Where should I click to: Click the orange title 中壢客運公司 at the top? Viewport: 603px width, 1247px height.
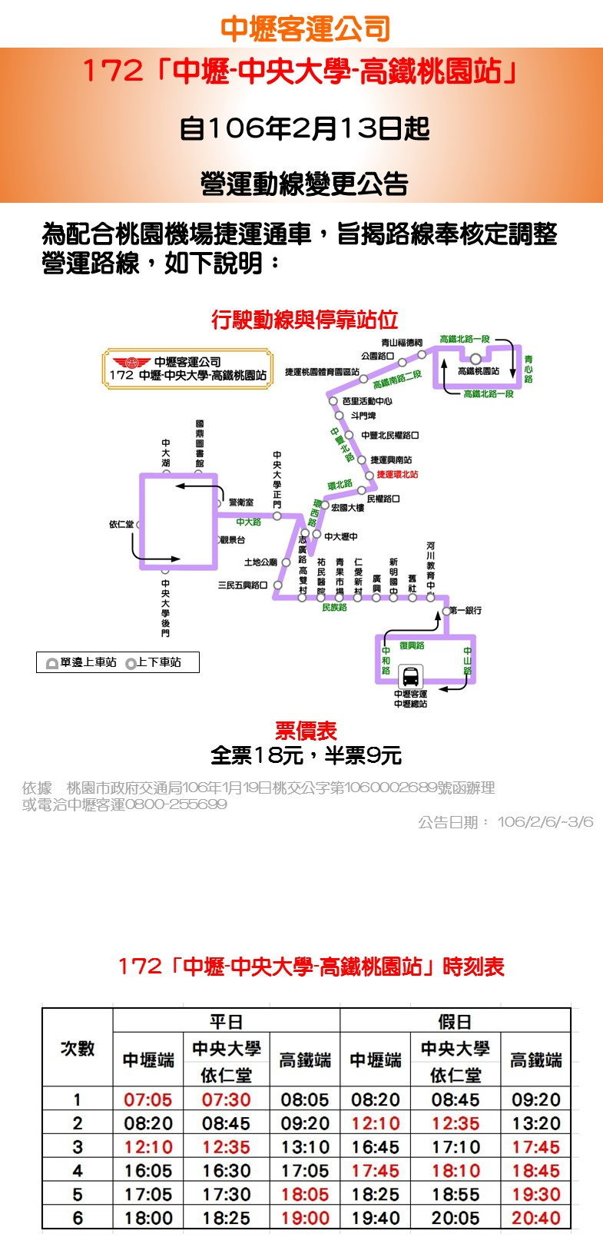tap(305, 28)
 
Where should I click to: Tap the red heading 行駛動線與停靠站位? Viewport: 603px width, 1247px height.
tap(304, 319)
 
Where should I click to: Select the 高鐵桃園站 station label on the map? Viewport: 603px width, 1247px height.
tap(479, 371)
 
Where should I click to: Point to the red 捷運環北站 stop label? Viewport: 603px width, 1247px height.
tap(397, 475)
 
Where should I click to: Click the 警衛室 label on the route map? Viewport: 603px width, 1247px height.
tap(240, 502)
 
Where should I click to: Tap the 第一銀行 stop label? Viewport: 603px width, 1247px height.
tap(466, 610)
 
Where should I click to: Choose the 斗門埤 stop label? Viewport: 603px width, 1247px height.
tap(363, 416)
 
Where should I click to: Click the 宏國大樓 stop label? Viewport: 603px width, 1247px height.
tap(347, 508)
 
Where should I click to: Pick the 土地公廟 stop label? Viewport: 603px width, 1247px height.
tap(260, 562)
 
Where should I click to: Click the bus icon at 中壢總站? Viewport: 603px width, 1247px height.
tap(411, 677)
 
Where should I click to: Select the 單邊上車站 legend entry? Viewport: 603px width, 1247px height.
tap(81, 662)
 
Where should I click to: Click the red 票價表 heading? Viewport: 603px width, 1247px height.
tap(306, 731)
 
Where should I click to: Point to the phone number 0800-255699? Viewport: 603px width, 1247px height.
tap(175, 804)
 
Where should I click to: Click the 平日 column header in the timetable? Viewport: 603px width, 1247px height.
tap(226, 1021)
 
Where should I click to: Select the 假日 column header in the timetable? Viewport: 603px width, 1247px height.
tap(455, 1021)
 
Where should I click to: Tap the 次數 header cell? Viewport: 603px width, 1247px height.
tap(77, 1048)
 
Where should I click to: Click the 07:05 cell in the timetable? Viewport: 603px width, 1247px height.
tap(147, 1099)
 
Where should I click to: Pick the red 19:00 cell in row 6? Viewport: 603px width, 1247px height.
tap(304, 1218)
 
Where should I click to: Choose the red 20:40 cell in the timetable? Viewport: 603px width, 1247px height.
tap(535, 1218)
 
